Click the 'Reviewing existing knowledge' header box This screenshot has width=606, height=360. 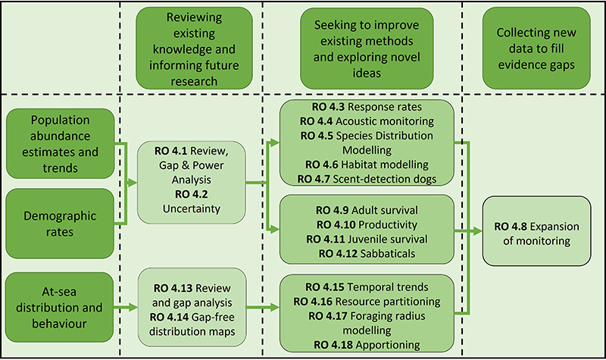pos(194,47)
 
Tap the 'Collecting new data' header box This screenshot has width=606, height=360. pos(536,47)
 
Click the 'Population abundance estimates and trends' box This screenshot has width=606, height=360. pos(61,143)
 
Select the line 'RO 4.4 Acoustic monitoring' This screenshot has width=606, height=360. pos(367,121)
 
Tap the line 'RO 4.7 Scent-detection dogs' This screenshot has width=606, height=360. pos(367,178)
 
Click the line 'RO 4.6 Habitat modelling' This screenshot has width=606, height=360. pos(367,164)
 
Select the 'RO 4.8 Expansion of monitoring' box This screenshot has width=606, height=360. pos(536,233)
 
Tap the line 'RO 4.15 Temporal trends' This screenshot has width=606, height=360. pos(367,287)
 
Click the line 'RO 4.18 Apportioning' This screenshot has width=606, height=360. pos(367,344)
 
